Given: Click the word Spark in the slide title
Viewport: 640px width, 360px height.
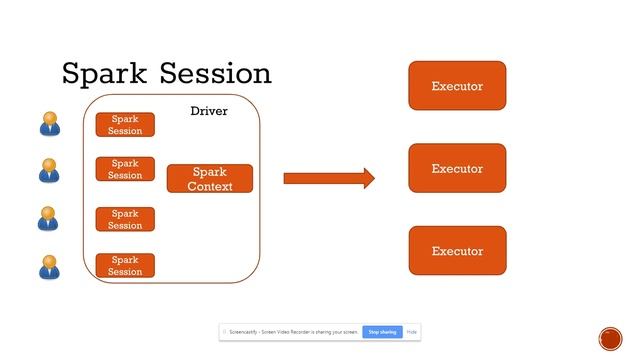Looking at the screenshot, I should coord(102,74).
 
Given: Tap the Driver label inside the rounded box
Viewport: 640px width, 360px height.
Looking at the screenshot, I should coord(209,111).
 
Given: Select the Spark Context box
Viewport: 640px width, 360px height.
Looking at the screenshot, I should coord(210,179).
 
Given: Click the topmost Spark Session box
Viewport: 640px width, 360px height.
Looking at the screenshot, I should coord(125,125).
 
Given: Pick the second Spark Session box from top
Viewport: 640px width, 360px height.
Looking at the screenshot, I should coord(125,169).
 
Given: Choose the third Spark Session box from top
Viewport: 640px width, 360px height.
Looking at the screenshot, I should coord(125,219).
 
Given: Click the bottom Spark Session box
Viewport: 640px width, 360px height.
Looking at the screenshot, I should coord(125,266).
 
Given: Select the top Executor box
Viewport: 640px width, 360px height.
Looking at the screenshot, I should coord(457,86).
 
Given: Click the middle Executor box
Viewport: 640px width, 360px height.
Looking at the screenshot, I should coord(457,168).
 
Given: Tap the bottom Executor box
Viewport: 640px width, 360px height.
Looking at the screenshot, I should coord(457,251).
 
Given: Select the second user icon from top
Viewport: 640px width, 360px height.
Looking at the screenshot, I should coord(49,171).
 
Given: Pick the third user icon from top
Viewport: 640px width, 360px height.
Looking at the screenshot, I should coord(49,219).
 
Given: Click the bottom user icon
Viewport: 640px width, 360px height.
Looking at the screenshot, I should coord(49,267).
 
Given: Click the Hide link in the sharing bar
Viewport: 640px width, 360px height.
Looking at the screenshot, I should coord(411,331).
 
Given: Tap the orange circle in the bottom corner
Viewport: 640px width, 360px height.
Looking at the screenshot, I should coord(610,338).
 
